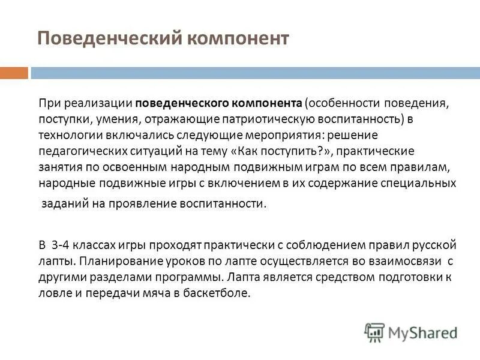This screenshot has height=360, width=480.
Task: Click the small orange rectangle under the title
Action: pos(14,73)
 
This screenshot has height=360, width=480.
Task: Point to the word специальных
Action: pos(417,183)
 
